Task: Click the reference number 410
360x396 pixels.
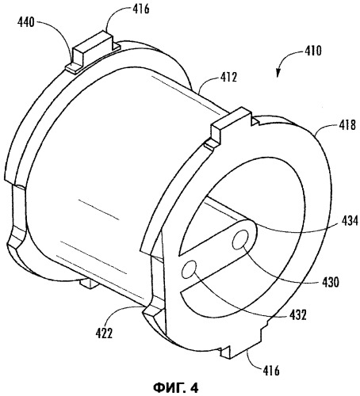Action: (312, 51)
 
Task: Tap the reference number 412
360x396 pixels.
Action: (228, 78)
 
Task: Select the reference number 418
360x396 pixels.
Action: (347, 124)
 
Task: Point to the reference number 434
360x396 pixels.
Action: (350, 220)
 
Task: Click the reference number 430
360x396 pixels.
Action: (331, 282)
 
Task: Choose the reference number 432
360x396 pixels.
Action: (297, 315)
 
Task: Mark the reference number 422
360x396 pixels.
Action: (104, 333)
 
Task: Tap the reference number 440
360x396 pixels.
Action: (26, 22)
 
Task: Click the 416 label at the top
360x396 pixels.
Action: (141, 9)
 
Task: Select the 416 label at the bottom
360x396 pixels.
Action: (271, 371)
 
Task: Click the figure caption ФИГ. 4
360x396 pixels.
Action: (176, 387)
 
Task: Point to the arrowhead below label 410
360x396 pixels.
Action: (278, 74)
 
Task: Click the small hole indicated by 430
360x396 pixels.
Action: (240, 239)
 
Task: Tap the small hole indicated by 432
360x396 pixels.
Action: (190, 269)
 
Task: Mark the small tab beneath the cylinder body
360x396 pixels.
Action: (88, 284)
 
